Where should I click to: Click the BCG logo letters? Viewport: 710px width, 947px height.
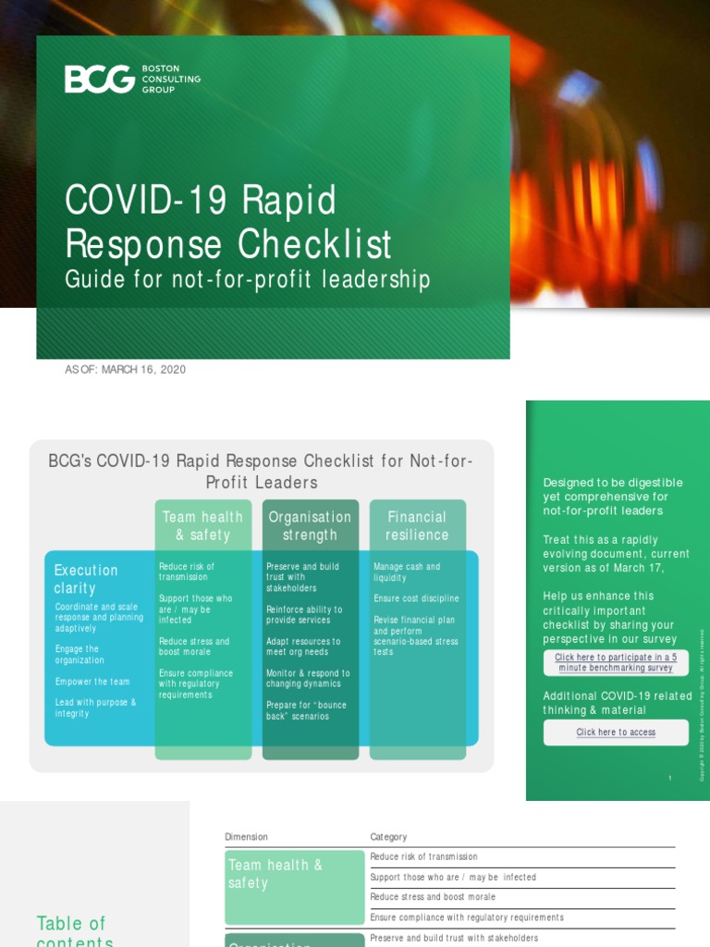100,80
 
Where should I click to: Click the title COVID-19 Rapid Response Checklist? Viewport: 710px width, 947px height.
228,223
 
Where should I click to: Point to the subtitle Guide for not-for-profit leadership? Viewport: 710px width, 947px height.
247,279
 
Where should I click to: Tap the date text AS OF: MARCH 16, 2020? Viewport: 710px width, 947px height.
125,370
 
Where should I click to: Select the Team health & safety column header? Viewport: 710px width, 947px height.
202,525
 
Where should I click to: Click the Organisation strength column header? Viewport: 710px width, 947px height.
310,525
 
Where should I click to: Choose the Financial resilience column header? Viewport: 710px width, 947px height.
417,525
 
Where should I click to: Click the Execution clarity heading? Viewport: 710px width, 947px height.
86,579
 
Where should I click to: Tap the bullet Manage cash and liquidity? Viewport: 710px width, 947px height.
407,572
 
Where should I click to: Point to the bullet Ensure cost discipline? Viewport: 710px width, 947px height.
416,598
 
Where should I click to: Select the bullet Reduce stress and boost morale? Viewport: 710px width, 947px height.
194,646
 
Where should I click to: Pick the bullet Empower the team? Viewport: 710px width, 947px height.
92,682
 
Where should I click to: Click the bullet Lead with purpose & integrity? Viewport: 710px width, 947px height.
95,707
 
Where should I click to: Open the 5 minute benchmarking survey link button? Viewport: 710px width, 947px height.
616,662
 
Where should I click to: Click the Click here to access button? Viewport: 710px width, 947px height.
616,732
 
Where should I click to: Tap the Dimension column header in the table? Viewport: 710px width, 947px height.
246,837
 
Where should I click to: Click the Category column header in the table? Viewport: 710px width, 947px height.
388,837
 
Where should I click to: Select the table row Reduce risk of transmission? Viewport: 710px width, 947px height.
423,857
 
